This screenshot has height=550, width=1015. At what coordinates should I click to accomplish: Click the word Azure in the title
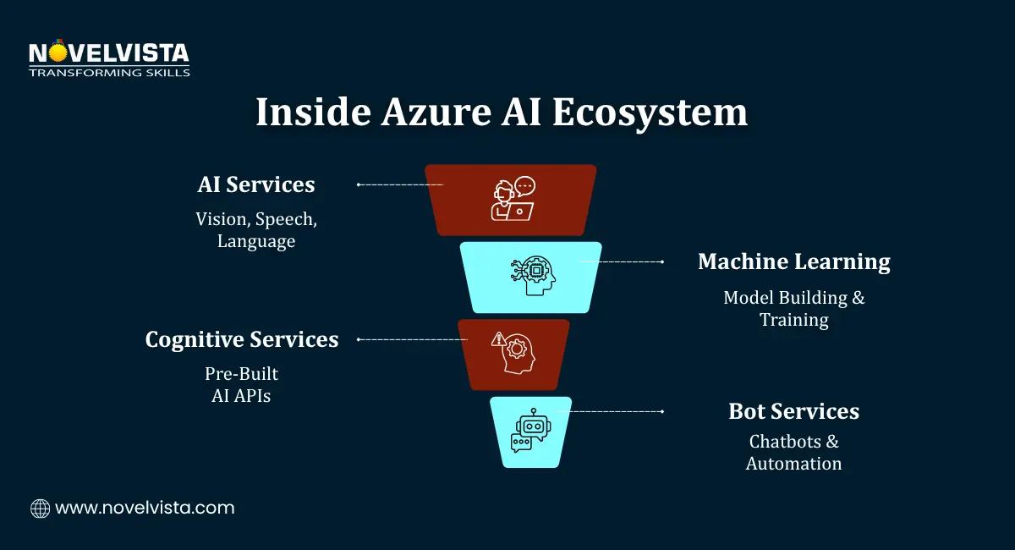tap(426, 113)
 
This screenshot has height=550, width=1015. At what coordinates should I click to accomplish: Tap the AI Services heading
tap(255, 184)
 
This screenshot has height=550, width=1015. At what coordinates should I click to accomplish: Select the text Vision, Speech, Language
tap(256, 229)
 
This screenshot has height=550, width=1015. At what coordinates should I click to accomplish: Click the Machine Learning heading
tap(793, 262)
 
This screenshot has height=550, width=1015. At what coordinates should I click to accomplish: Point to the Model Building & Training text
tap(793, 308)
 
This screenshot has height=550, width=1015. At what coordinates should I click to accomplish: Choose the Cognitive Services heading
tap(242, 339)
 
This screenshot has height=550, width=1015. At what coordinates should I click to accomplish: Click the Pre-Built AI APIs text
tap(241, 384)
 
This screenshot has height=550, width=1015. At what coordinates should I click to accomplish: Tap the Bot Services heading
tap(793, 411)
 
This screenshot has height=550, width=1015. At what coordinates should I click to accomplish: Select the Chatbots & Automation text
tap(793, 452)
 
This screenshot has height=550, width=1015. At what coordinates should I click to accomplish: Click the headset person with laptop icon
tap(513, 200)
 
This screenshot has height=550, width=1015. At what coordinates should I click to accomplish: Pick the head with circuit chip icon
tap(531, 276)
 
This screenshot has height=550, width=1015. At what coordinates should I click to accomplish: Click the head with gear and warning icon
tap(513, 354)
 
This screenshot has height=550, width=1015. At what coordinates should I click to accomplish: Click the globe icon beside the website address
tap(40, 509)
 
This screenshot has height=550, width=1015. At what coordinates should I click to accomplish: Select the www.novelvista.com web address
tap(145, 509)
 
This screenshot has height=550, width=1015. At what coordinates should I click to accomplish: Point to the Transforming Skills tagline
tap(109, 73)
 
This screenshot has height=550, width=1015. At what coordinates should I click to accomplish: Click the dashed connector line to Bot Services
tap(609, 411)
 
